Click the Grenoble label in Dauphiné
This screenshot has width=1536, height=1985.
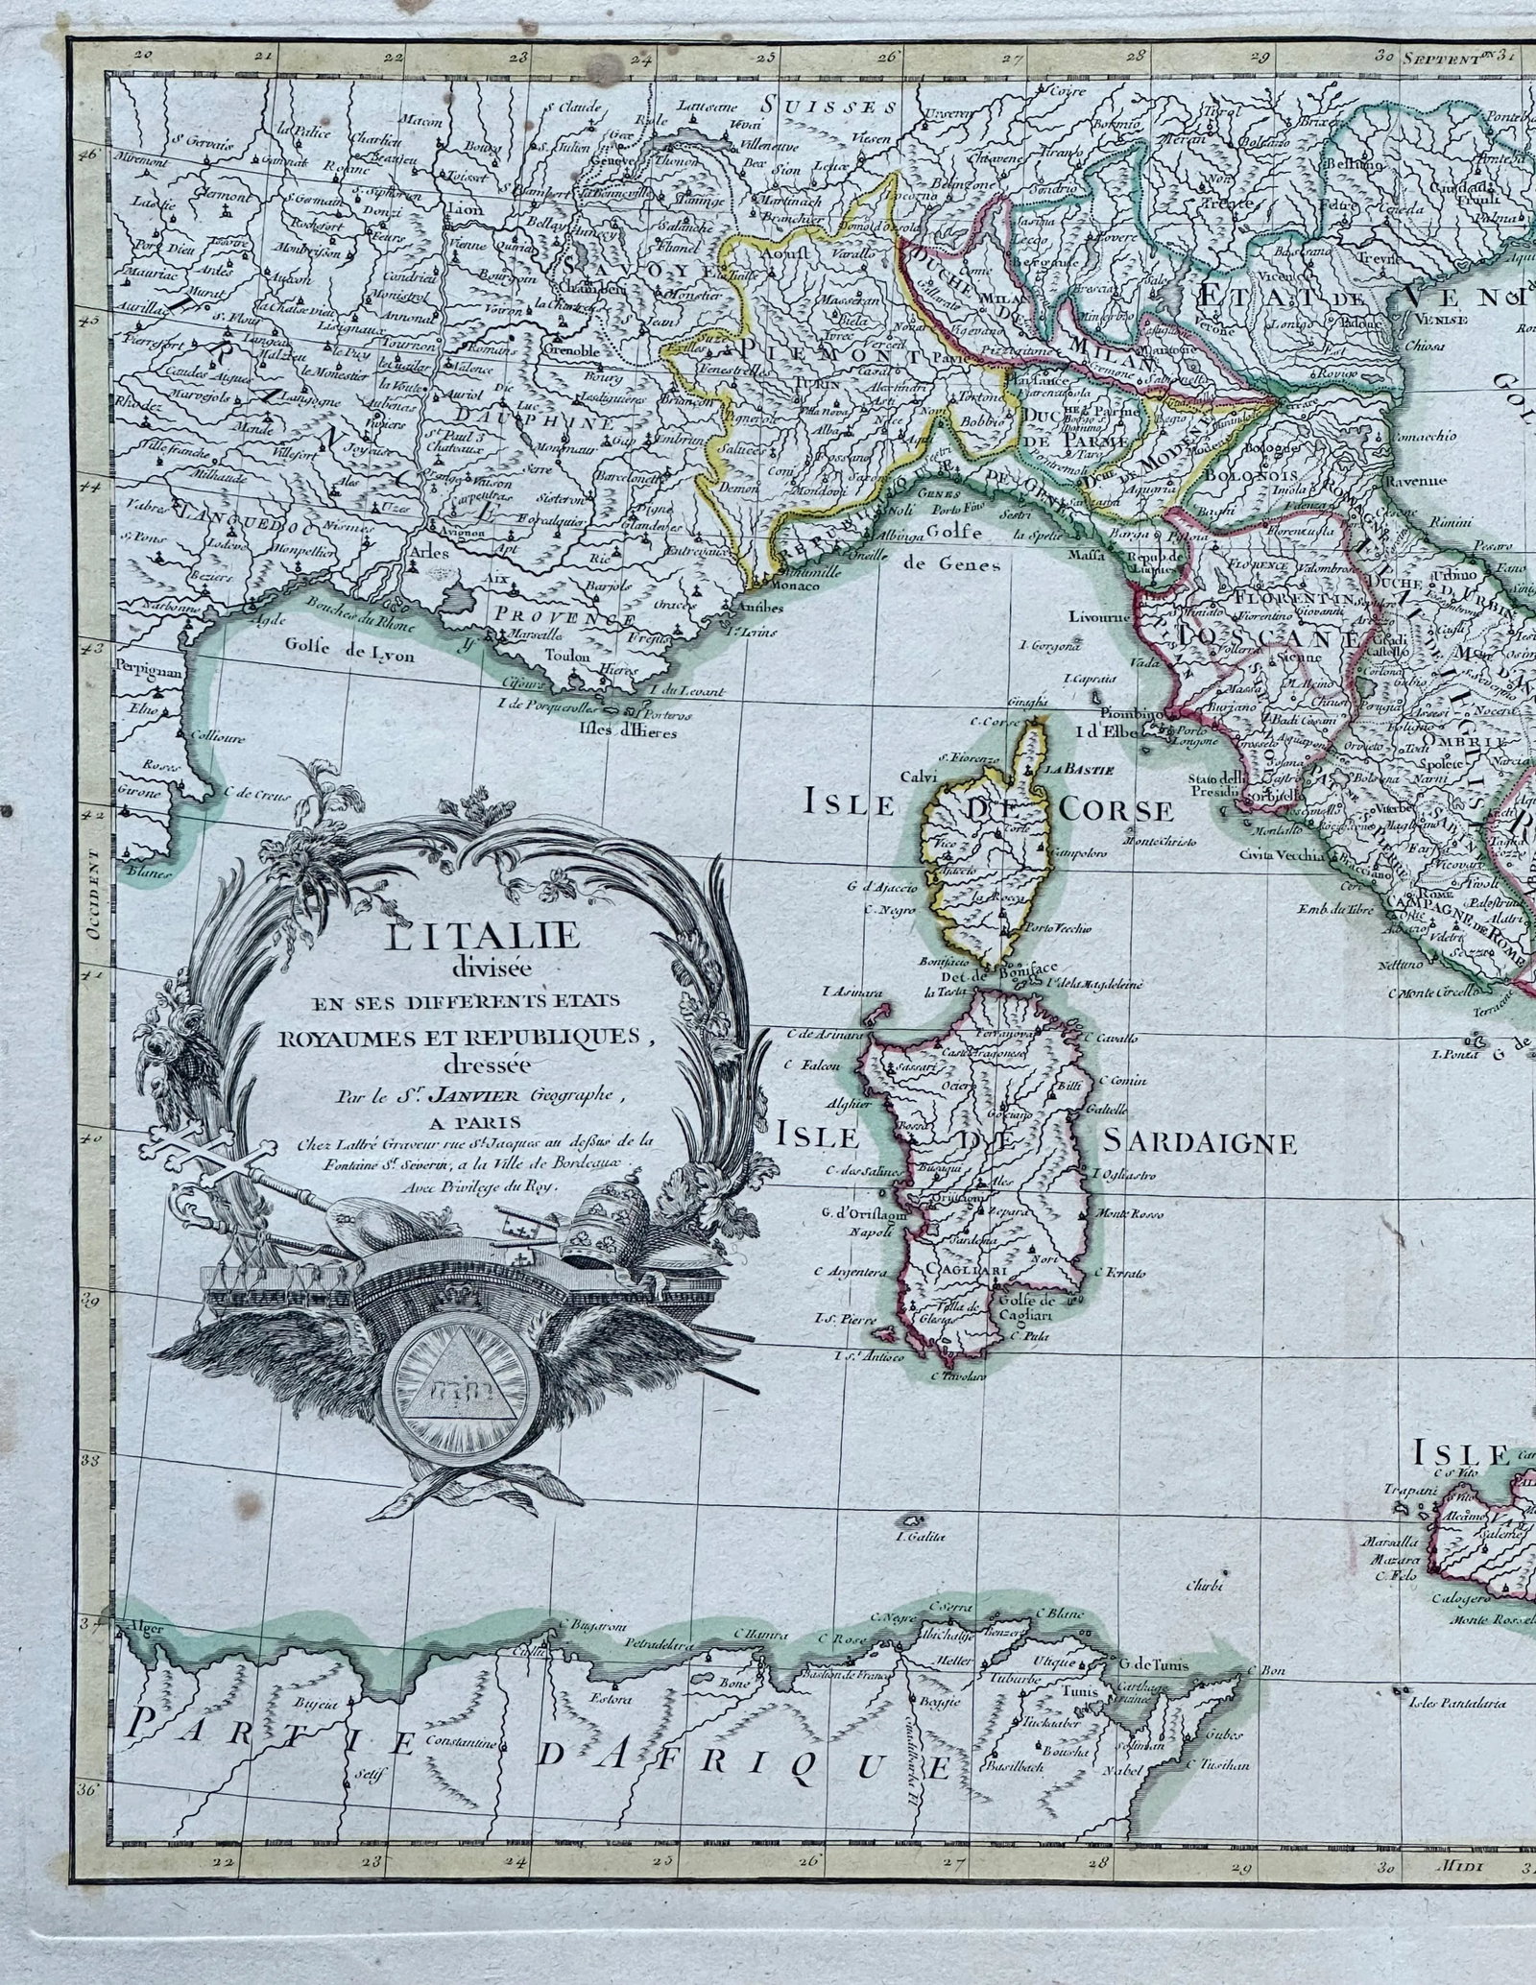[572, 351]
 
